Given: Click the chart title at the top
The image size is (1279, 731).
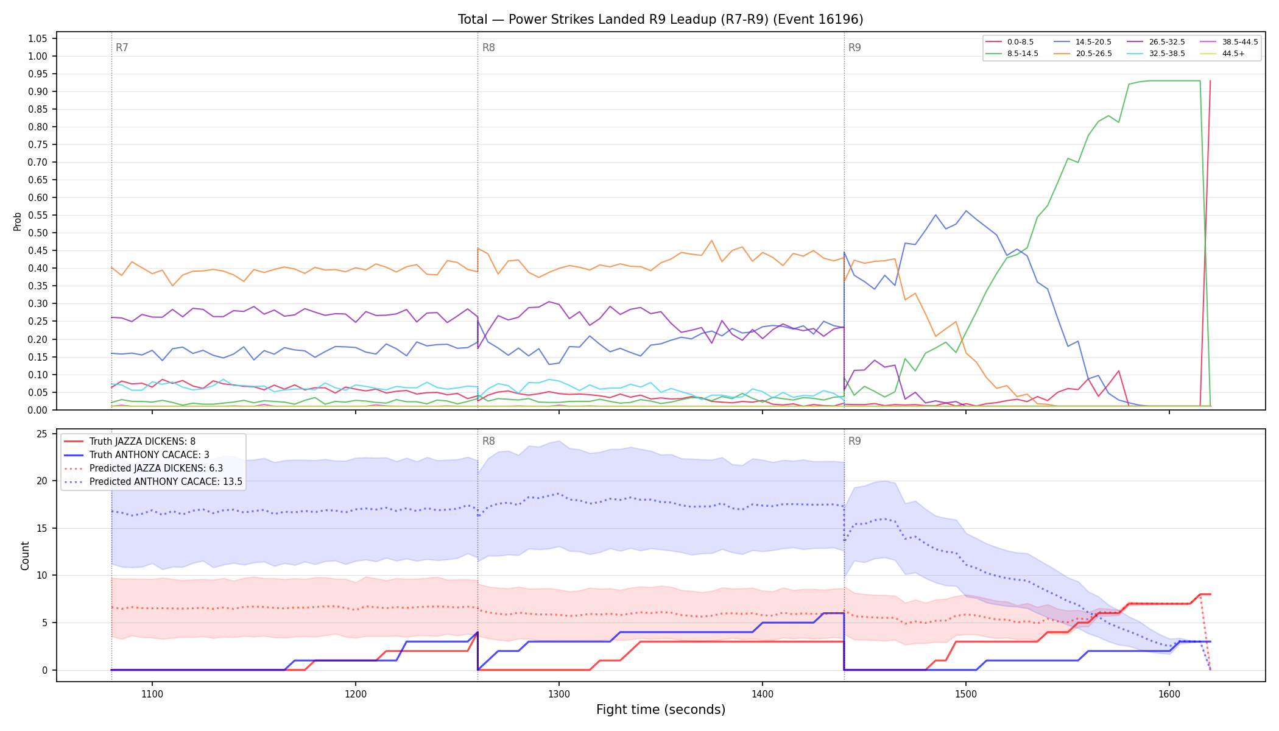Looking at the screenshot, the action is pos(661,19).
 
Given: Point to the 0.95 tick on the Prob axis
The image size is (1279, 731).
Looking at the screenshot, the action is pos(38,74).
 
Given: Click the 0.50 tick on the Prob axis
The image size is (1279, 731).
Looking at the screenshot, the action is pos(38,233).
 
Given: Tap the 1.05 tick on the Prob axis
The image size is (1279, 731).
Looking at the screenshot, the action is pos(38,38).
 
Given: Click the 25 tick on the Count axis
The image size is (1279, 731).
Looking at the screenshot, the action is pos(42,434).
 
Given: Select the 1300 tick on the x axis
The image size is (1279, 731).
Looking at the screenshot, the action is pos(559,694).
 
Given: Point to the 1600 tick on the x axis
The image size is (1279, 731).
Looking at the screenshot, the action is pos(1169,694).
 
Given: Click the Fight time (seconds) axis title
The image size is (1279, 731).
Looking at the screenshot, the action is pos(661,710).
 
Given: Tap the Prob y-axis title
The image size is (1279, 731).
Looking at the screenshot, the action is pos(18,221).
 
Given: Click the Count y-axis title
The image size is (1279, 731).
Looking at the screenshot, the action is pos(25,556).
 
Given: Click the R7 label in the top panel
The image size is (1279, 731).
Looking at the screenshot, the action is pos(122,48).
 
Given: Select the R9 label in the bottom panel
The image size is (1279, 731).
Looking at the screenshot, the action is pos(854,441).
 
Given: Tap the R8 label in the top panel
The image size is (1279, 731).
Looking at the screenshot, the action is pos(488,48).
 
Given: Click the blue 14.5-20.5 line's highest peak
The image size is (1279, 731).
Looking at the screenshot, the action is pos(966,211).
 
